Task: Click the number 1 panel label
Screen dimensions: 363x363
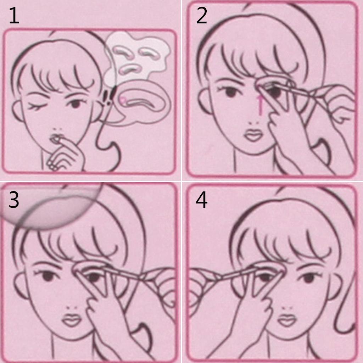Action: click(x=14, y=16)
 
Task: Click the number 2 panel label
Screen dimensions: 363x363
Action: click(x=201, y=16)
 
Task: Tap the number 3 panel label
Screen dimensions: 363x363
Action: click(x=14, y=200)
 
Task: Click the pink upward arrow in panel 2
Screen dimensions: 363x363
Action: click(x=260, y=105)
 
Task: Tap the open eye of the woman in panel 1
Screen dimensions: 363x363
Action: click(x=74, y=103)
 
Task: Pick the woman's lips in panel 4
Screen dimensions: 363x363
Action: click(x=287, y=320)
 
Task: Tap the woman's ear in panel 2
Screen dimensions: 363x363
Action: click(x=203, y=101)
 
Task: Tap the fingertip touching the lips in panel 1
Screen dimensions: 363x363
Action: click(x=57, y=139)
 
